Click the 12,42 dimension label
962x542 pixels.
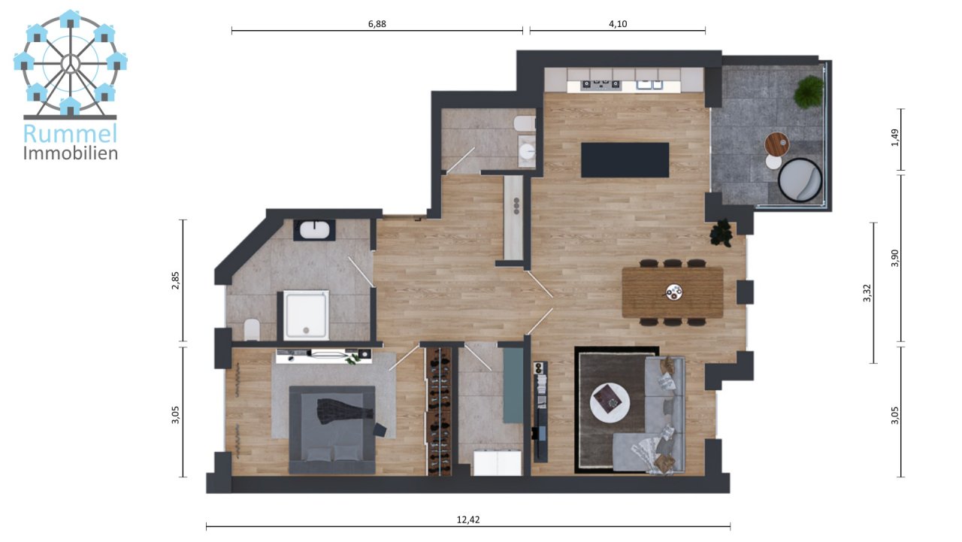pos(468,520)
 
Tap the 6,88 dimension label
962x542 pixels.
pos(377,24)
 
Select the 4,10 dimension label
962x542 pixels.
pos(618,24)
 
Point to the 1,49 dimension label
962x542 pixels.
pos(895,138)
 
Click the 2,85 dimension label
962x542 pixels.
pos(175,280)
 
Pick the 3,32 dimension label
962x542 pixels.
pos(867,293)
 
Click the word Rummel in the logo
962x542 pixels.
pos(70,134)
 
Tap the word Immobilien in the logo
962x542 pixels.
pos(71,153)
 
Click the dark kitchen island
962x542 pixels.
pos(625,160)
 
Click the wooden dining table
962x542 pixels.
pos(673,292)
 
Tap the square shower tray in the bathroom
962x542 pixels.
pos(306,315)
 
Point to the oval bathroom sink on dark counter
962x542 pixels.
pos(314,230)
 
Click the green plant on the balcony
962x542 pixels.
pos(809,92)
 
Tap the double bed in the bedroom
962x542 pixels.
pos(332,430)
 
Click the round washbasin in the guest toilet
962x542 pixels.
pos(527,151)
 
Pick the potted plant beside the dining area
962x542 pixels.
pos(721,233)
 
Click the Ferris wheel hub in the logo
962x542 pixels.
pos(70,64)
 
